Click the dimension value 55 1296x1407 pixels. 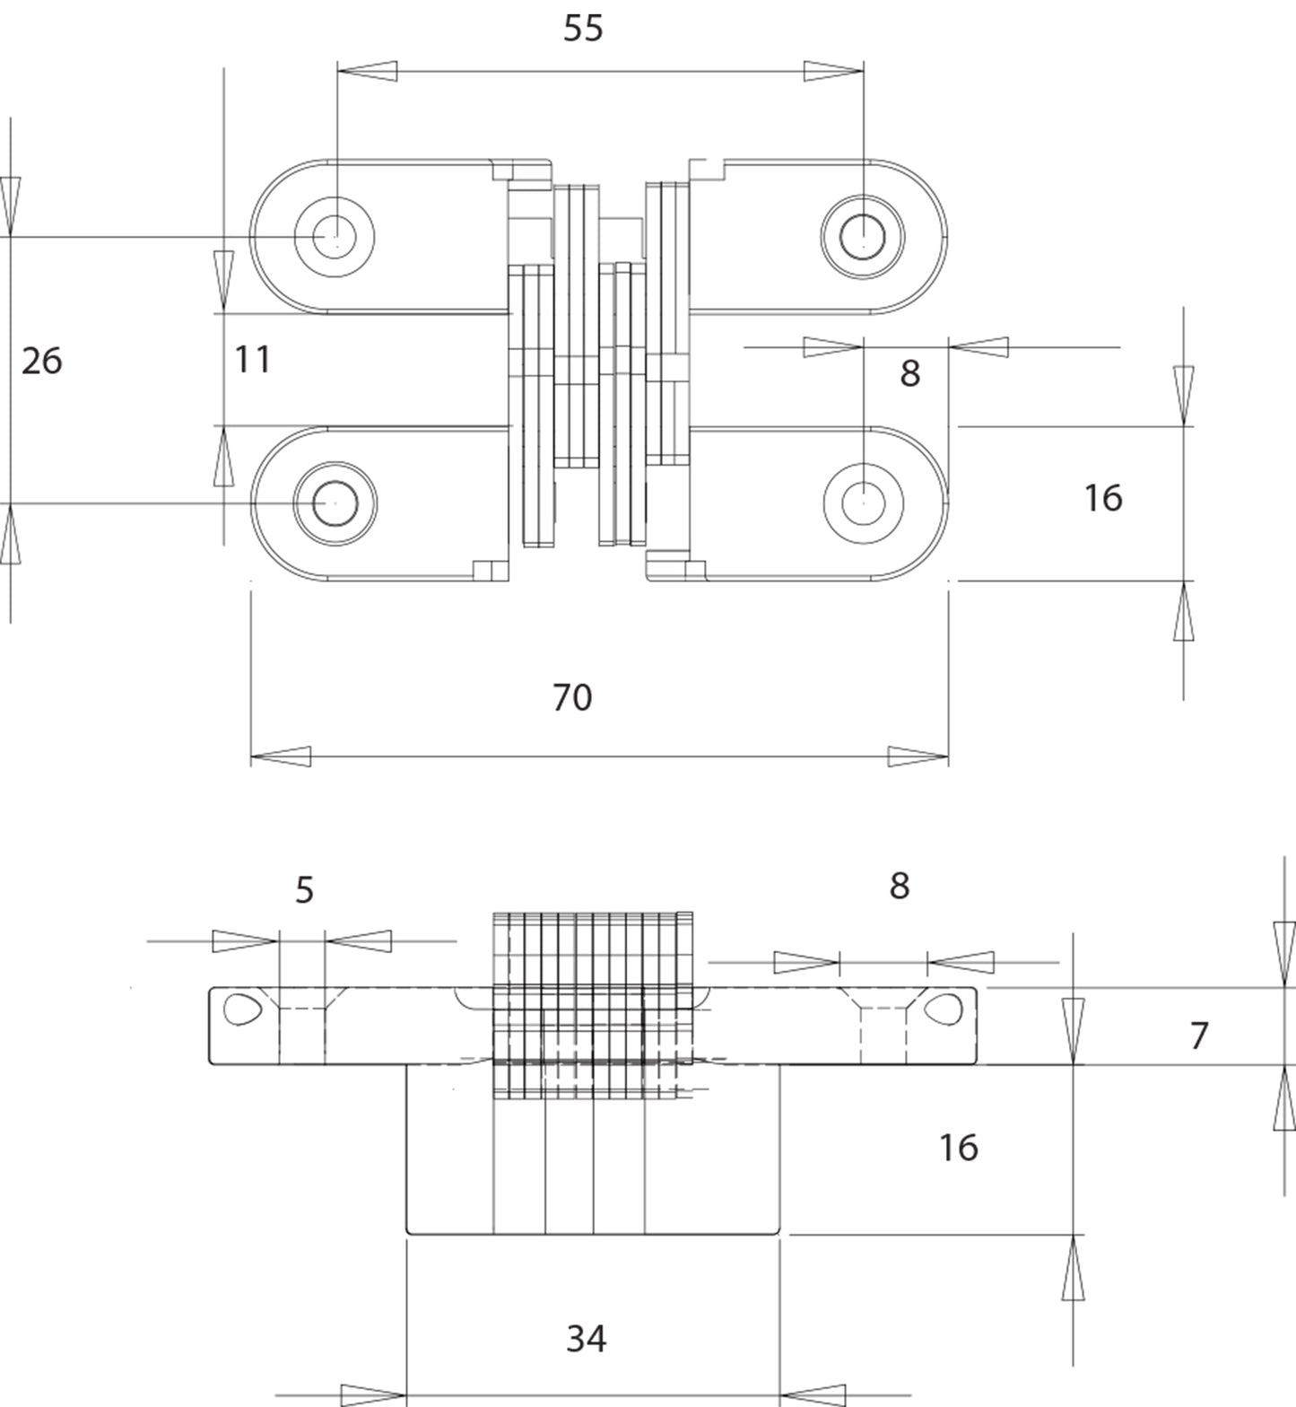pos(583,29)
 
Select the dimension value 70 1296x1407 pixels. pos(572,697)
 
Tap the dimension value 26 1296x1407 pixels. pos(41,361)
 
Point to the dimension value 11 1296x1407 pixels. pos(252,360)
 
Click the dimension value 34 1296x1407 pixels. pos(586,1339)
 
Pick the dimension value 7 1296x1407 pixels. pos(1199,1036)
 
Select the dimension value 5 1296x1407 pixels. pos(304,890)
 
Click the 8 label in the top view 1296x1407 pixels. pos(909,373)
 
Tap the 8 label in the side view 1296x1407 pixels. pos(899,886)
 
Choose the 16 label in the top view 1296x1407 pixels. pos(1102,498)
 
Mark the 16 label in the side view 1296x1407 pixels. pos(958,1148)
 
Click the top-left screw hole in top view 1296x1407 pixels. pos(335,236)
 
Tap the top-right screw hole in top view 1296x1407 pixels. pos(863,236)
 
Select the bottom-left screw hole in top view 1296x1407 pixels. pos(335,503)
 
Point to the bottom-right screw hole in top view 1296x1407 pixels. pos(863,503)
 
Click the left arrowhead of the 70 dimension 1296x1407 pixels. pos(280,756)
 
